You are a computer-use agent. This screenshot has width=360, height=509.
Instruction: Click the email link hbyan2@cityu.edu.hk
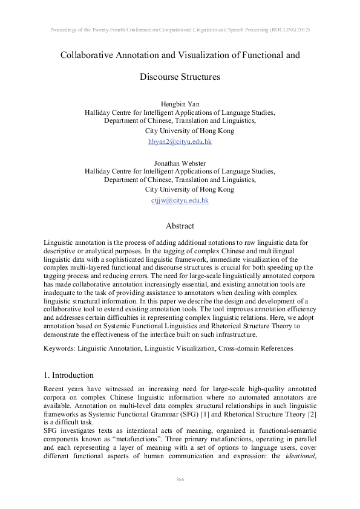(180, 141)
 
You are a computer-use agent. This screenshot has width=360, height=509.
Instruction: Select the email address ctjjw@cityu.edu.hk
(180, 200)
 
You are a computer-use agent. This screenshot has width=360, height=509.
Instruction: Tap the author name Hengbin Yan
(180, 104)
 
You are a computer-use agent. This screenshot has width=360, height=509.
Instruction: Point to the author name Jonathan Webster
(180, 163)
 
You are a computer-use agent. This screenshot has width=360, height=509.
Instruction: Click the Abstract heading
(180, 226)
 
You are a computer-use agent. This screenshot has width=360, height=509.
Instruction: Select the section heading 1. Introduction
(69, 375)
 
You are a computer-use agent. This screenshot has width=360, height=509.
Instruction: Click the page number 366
(180, 479)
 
